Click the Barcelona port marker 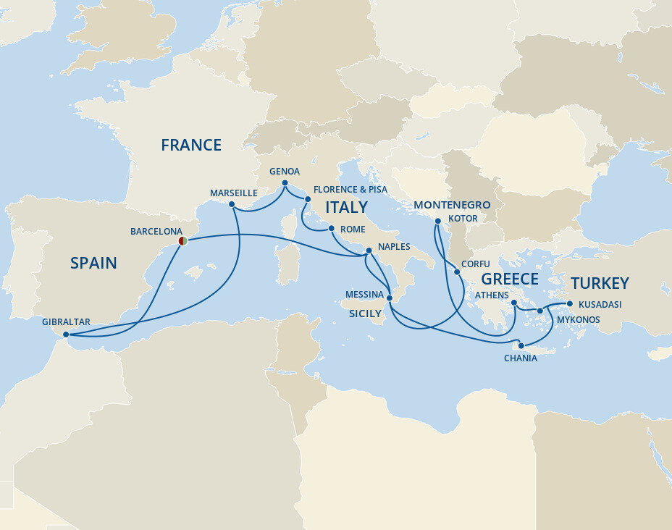click(x=183, y=240)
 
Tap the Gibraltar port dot click(x=66, y=335)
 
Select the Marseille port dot click(x=232, y=204)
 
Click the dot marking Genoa click(x=285, y=182)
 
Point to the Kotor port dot click(x=438, y=221)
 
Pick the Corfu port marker click(x=457, y=272)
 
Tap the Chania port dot click(x=521, y=345)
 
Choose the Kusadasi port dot click(x=570, y=304)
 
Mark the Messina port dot click(x=390, y=298)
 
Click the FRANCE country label click(x=191, y=145)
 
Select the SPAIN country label click(x=93, y=264)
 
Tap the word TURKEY click(x=599, y=283)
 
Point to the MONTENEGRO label click(x=452, y=205)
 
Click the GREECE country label click(x=510, y=279)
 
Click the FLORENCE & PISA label click(x=350, y=190)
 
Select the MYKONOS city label click(x=578, y=319)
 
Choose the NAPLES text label click(x=393, y=247)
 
